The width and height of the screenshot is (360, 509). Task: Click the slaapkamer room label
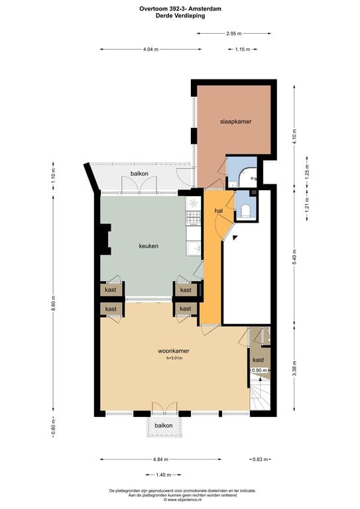[x=236, y=122]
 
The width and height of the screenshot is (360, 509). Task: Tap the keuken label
[x=148, y=246]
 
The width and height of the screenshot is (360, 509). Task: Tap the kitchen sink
[x=193, y=249]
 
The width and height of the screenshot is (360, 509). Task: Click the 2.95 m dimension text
[x=233, y=33]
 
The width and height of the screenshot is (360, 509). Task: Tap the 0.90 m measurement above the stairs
[x=259, y=370]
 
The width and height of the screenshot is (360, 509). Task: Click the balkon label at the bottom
[x=164, y=425]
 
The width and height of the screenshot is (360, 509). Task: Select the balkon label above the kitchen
[x=139, y=174]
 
